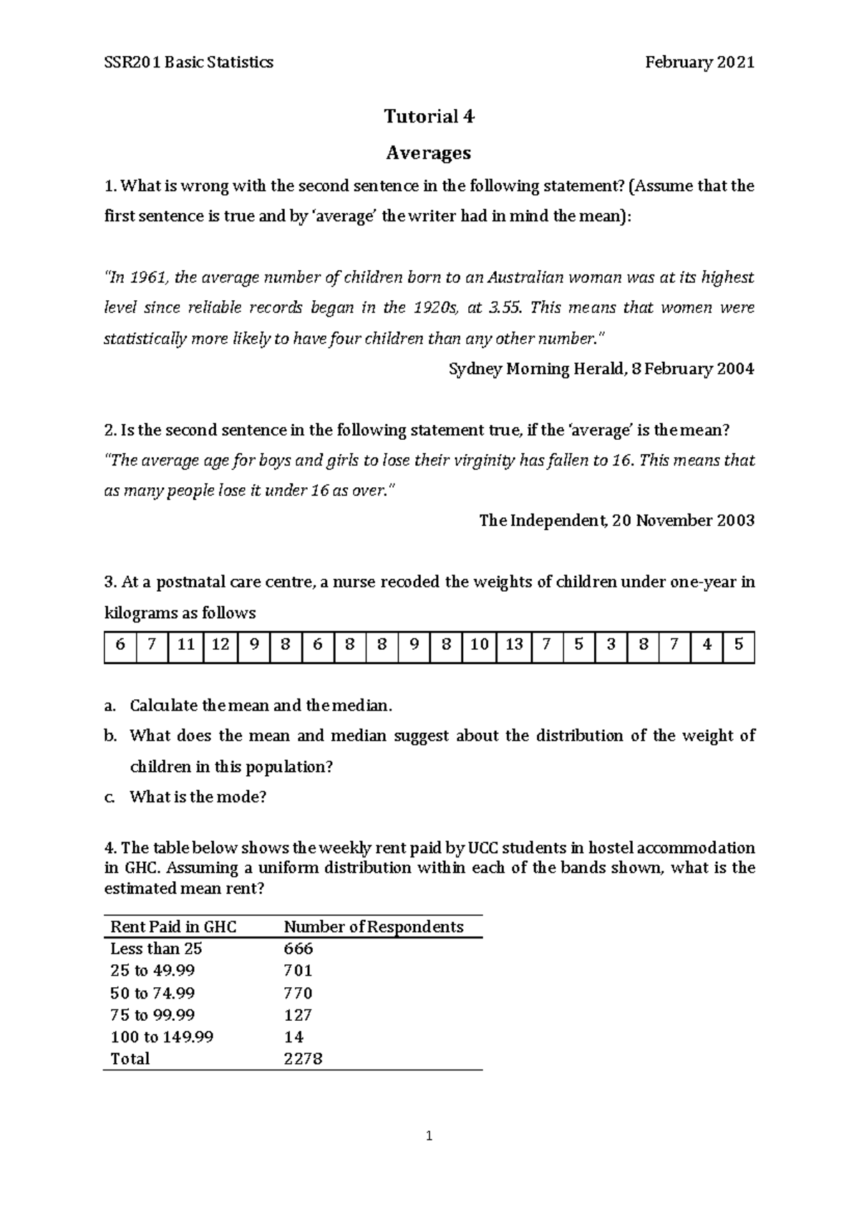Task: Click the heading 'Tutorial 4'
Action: (x=429, y=116)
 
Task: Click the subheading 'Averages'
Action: (x=429, y=153)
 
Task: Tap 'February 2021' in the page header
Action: (x=699, y=62)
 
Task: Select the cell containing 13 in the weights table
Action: (x=514, y=645)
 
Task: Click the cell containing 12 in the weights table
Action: (x=220, y=645)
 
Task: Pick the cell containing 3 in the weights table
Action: (x=611, y=645)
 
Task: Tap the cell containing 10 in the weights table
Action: (x=479, y=645)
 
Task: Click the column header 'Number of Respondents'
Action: (x=374, y=927)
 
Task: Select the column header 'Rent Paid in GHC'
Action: (x=173, y=927)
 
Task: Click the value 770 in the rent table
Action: (x=299, y=994)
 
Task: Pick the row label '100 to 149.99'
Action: (x=162, y=1037)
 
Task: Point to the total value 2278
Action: (x=303, y=1059)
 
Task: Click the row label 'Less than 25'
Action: (x=156, y=949)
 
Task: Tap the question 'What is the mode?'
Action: (x=198, y=797)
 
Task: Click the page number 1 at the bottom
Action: (x=429, y=1135)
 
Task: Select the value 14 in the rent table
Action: (x=293, y=1037)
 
